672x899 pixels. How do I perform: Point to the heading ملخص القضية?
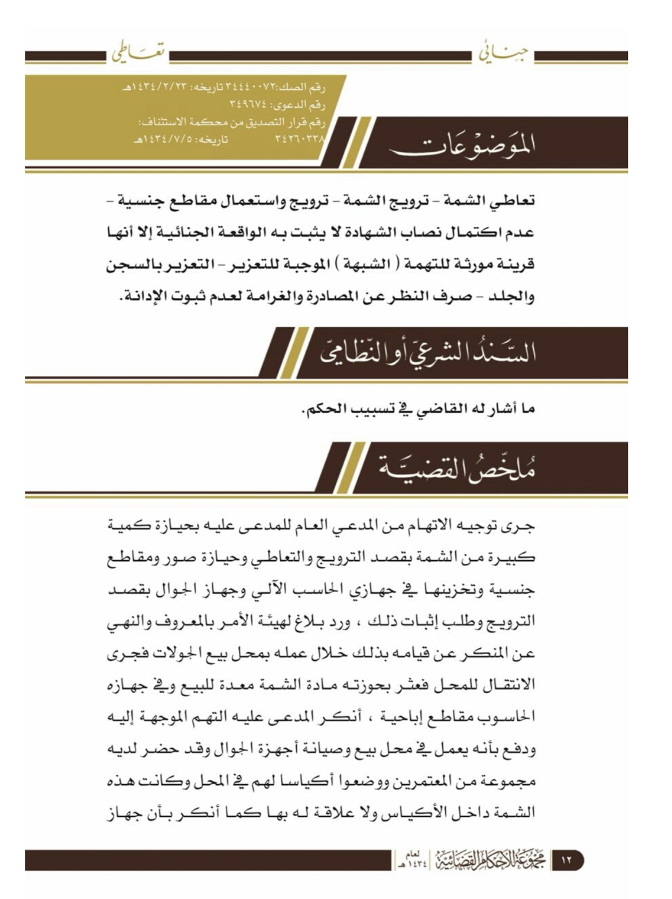coord(456,468)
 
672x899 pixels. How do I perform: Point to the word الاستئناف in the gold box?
coord(164,121)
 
